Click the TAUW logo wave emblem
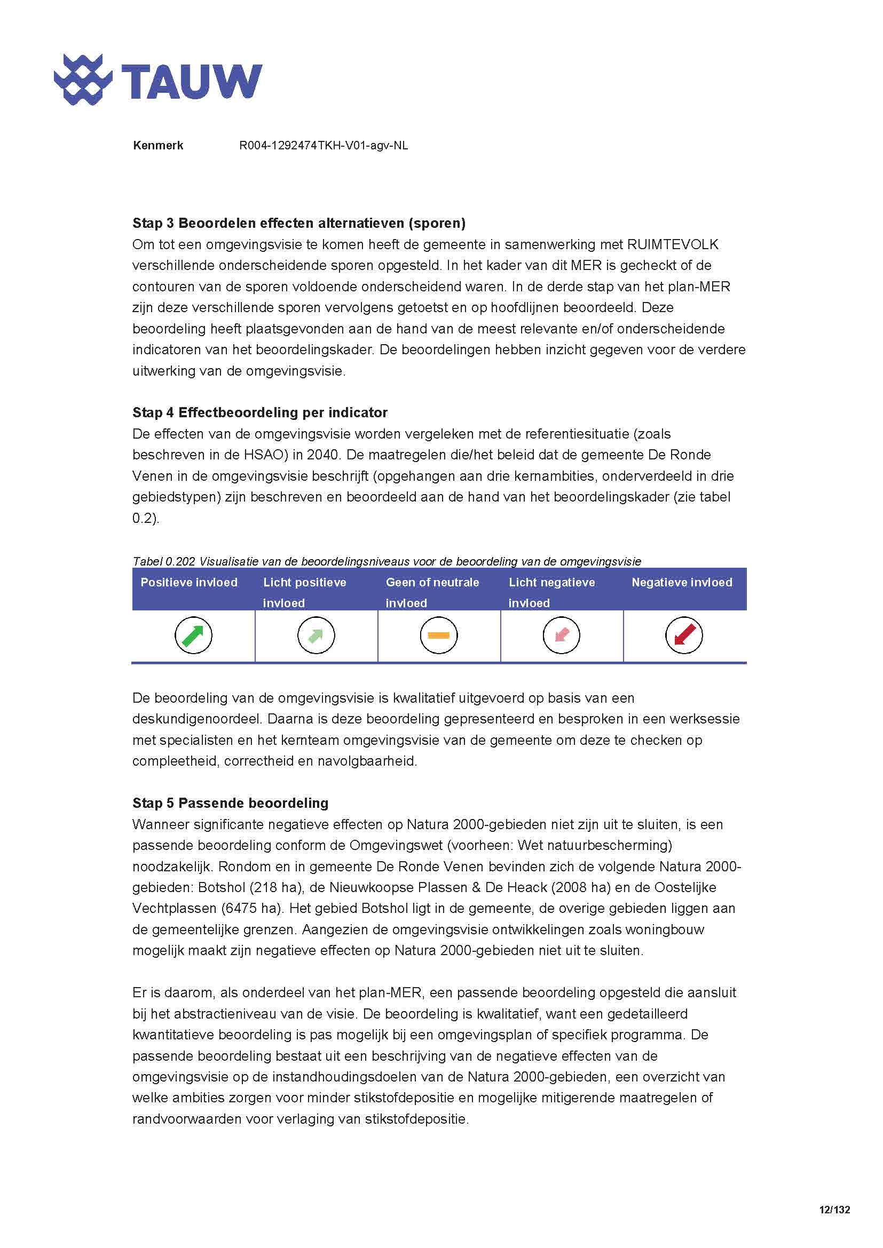tap(83, 80)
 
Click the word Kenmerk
tap(157, 146)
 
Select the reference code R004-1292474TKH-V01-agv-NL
tap(324, 146)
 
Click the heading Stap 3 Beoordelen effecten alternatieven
tap(299, 223)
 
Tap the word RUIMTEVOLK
tap(673, 244)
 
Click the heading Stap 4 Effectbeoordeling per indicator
tap(260, 412)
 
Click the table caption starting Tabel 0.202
tap(387, 561)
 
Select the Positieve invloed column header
tap(188, 583)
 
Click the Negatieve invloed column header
tap(682, 583)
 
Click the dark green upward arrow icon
tap(193, 635)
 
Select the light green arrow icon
tap(316, 635)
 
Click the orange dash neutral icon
tap(439, 635)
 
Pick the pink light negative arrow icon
tap(562, 635)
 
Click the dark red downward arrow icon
tap(684, 635)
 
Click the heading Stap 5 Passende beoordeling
tap(231, 804)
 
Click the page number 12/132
tap(834, 1210)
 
